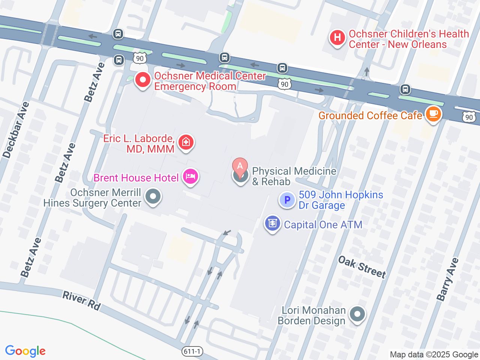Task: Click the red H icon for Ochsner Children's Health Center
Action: point(337,38)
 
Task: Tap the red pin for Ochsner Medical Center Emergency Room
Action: point(142,80)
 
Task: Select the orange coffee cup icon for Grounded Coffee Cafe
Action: point(433,114)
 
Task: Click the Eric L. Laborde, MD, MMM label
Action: point(139,144)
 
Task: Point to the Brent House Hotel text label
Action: point(136,178)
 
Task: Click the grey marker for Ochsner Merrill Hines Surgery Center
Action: point(153,196)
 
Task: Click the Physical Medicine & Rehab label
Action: point(294,176)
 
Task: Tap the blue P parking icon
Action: point(287,200)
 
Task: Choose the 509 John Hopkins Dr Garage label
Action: point(340,200)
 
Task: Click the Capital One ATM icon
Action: point(273,223)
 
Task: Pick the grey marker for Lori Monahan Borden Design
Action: point(357,314)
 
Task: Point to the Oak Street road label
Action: point(362,267)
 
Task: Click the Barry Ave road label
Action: point(447,279)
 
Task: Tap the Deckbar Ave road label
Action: point(16,130)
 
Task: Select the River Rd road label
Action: point(81,301)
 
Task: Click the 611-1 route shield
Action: point(192,351)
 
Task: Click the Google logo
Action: point(25,351)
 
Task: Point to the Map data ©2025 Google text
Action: point(434,354)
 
